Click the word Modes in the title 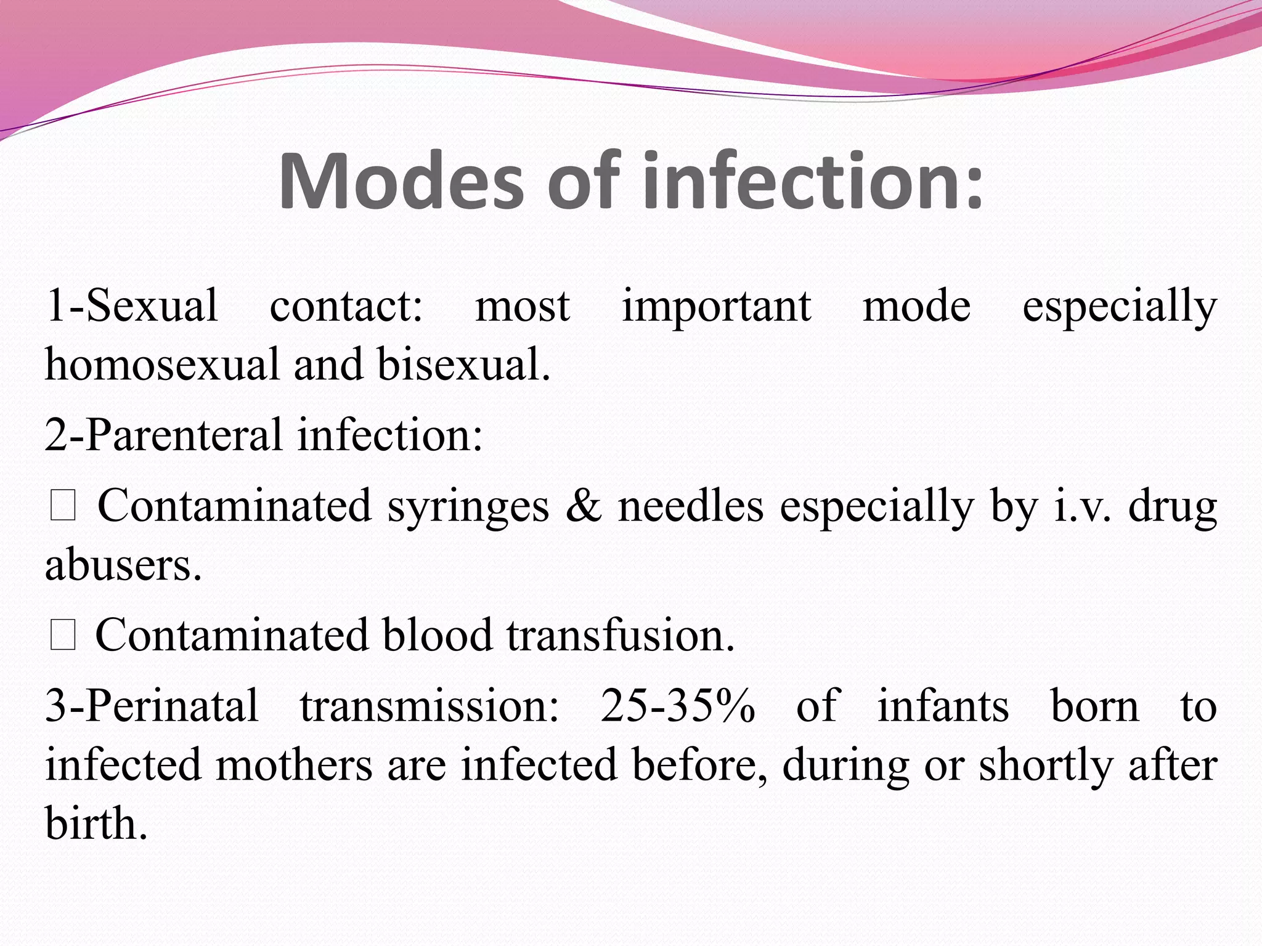(x=401, y=182)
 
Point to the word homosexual (x=162, y=365)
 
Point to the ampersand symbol (x=583, y=506)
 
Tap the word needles (x=691, y=506)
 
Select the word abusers (x=123, y=565)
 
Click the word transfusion (x=621, y=636)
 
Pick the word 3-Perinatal (x=152, y=707)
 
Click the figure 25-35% (x=678, y=706)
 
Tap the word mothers (x=295, y=765)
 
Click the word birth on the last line (x=96, y=824)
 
